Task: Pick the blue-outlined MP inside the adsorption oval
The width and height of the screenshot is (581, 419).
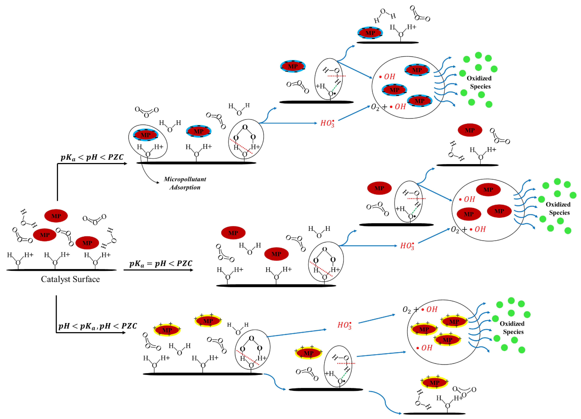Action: (x=145, y=135)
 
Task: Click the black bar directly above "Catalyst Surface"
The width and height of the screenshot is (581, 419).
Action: (x=61, y=270)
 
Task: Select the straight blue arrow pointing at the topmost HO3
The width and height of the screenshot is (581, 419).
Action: (x=288, y=123)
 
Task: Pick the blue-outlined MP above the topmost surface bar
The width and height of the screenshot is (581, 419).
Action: (x=370, y=33)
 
